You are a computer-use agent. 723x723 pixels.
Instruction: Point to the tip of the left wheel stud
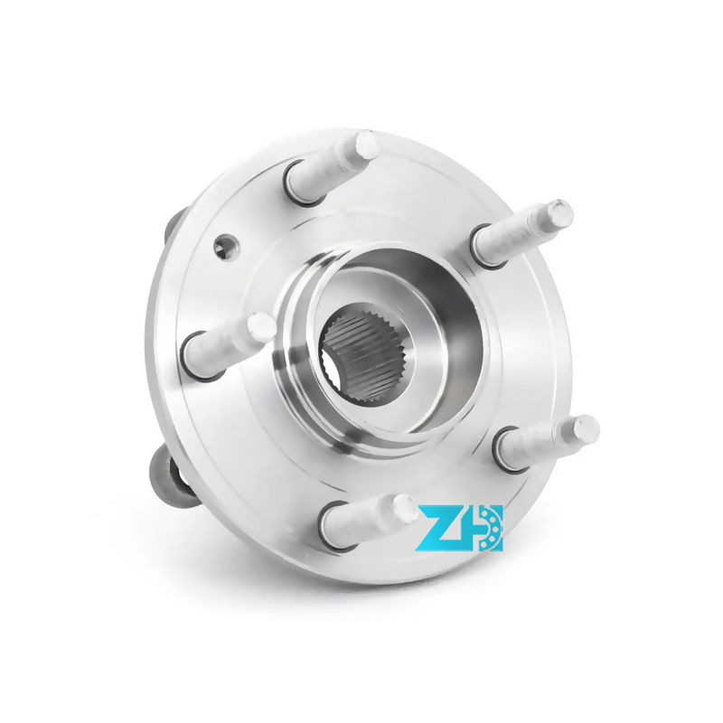click(x=261, y=326)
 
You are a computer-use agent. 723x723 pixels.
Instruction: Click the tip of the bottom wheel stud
click(x=405, y=508)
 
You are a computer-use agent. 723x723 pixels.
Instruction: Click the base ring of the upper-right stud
click(x=486, y=247)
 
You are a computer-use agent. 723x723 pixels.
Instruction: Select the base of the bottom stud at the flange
click(x=337, y=527)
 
